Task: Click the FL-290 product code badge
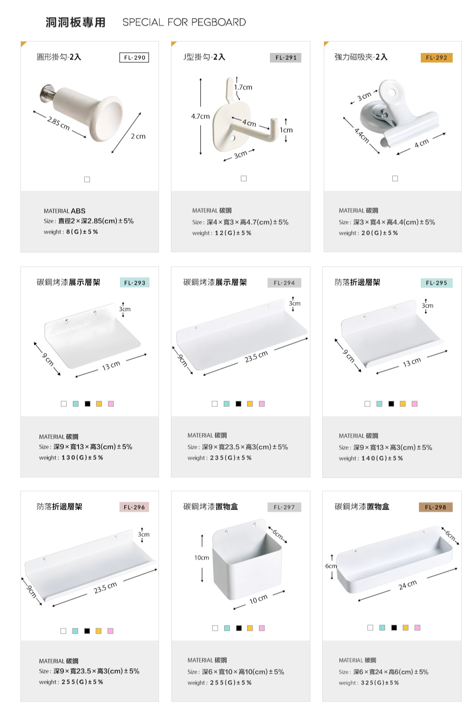coord(134,58)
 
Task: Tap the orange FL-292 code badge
coord(436,58)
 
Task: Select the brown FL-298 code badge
coord(436,507)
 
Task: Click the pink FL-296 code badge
coord(134,507)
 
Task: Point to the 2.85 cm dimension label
coord(59,124)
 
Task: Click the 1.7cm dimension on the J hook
coord(243,87)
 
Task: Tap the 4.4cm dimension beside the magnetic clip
coord(362,135)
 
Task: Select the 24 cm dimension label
coord(408,585)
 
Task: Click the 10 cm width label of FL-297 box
coord(258,599)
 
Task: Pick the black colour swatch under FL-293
coord(88,404)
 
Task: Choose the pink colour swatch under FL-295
coord(415,404)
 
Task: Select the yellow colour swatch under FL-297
coord(250,628)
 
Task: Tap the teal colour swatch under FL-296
coord(75,631)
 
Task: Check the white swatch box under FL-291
coord(244,179)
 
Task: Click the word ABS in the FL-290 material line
coord(78,211)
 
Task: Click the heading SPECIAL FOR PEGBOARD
coord(184,22)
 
